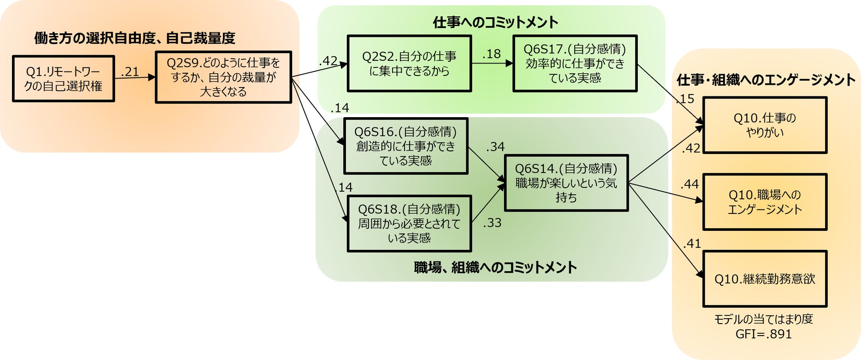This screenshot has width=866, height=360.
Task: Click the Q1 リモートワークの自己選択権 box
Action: (x=64, y=79)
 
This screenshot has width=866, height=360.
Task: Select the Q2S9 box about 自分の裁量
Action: (x=223, y=77)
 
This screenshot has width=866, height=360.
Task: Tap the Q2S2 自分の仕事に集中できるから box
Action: (x=409, y=63)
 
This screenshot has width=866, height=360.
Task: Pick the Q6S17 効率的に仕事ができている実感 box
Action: (x=575, y=63)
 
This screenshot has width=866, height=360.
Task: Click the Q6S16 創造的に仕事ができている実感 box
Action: (x=405, y=146)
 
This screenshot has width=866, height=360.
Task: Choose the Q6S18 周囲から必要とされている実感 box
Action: (x=409, y=224)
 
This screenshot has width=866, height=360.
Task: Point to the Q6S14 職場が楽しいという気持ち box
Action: (x=566, y=183)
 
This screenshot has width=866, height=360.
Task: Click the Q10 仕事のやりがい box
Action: (x=765, y=125)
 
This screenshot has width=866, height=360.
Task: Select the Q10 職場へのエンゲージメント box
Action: (x=765, y=202)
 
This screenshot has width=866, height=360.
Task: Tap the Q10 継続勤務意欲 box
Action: (x=765, y=279)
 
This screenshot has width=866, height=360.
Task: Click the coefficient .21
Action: (x=130, y=72)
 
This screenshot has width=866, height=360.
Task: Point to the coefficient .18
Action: (x=492, y=54)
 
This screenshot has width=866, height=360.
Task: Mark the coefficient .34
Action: (x=495, y=147)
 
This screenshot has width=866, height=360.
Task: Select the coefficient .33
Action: (x=492, y=223)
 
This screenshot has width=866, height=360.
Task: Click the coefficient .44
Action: (x=690, y=184)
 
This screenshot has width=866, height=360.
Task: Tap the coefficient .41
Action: (x=692, y=243)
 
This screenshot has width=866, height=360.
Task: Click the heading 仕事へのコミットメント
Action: (x=496, y=22)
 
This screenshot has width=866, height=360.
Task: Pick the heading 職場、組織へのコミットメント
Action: (x=495, y=267)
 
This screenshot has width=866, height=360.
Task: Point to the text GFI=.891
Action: (x=763, y=334)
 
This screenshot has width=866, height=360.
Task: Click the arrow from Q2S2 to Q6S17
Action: (x=492, y=63)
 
